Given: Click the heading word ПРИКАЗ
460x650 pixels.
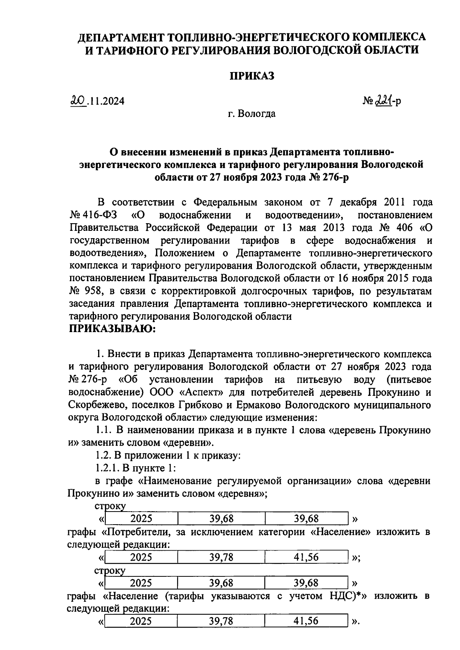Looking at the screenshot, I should point(252,76).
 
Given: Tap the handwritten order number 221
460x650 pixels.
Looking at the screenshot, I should point(382,100).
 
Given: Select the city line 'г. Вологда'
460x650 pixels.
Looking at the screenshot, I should point(251,114).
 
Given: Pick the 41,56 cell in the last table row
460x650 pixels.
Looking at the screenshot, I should point(306,621).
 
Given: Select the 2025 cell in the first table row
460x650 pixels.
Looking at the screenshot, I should point(141,519).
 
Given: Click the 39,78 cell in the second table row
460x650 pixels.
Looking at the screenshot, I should point(221,557).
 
